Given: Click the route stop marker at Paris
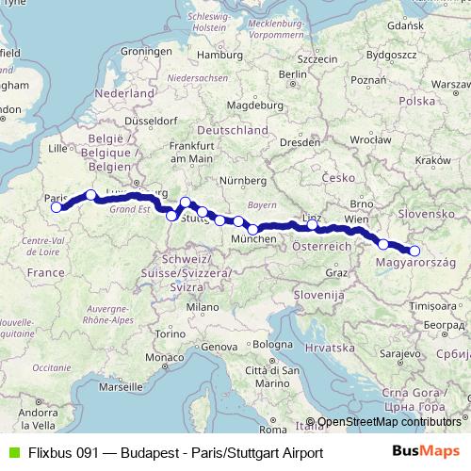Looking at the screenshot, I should [x=57, y=207].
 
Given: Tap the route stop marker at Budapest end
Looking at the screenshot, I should [x=414, y=251].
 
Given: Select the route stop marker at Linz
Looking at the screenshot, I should [x=312, y=225].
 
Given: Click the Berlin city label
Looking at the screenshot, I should [x=294, y=73].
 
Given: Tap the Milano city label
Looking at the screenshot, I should [x=201, y=307].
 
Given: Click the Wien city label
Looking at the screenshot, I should [x=355, y=219].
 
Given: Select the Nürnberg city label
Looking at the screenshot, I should [x=237, y=179].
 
